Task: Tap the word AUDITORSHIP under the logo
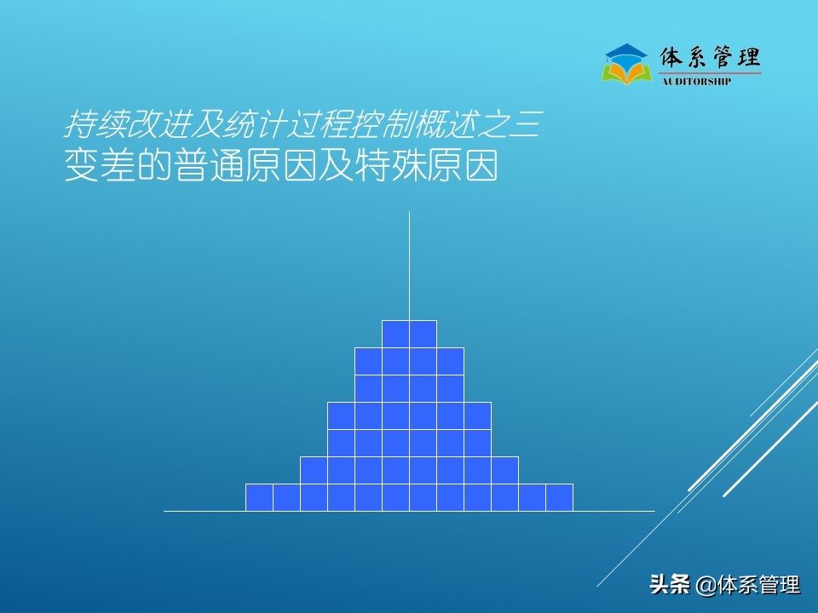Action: coord(696,82)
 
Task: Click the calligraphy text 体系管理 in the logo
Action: coord(710,58)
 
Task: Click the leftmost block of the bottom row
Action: coord(259,497)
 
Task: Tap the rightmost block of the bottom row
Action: coord(559,497)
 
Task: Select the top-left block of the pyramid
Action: coord(395,334)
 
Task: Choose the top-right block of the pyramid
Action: coord(423,334)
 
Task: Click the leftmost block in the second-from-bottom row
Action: coord(314,470)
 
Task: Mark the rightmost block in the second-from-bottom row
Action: coord(504,470)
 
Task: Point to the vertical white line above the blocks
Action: coord(409,264)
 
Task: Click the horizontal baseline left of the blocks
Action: coord(204,511)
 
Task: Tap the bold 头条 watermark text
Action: coord(669,585)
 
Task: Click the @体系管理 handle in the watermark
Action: coord(748,585)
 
